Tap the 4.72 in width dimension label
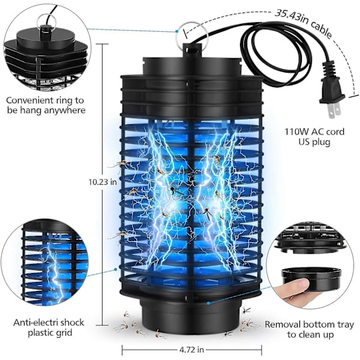tap(191, 349)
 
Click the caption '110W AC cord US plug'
tap(314, 136)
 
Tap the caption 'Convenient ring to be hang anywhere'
tap(47, 106)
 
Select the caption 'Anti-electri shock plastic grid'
tap(49, 328)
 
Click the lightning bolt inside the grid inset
tap(53, 270)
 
